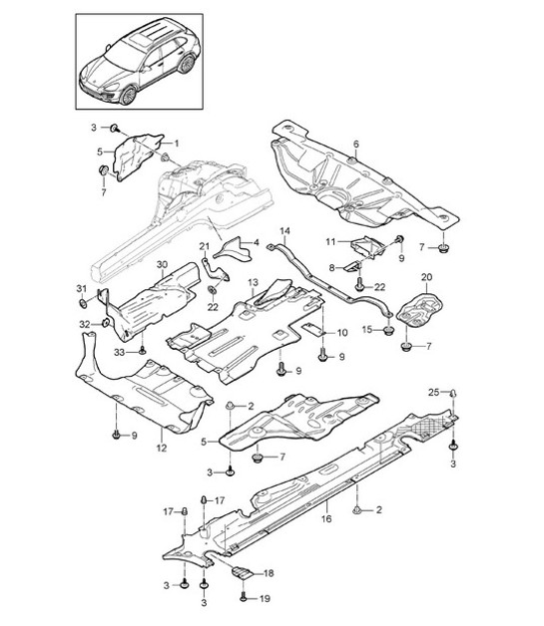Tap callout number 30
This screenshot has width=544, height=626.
pos(164,265)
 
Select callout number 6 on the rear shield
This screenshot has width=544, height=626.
pos(355,146)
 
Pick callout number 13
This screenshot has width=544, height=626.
pos(253,283)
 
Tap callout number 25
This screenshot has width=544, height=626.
pos(434,391)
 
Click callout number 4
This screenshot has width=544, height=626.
pos(255,242)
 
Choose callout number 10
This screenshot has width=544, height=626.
pos(341,332)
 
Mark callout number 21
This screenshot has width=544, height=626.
pos(203,247)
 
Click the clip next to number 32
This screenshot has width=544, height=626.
pos(105,323)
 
